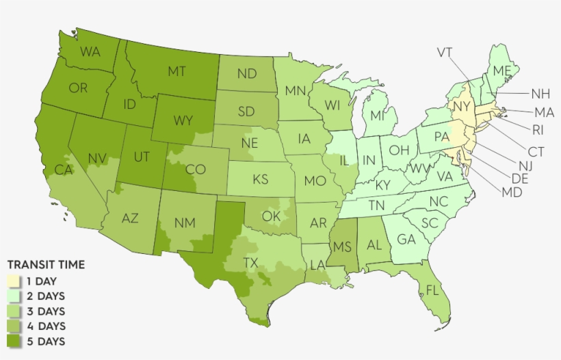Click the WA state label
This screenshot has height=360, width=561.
[90, 52]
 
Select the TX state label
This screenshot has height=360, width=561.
[251, 263]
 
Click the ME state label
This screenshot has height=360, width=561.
[502, 71]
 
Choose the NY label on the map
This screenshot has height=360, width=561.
[462, 107]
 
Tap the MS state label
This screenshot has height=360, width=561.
[343, 246]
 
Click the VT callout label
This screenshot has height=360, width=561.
[445, 52]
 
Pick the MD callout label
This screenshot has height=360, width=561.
[511, 192]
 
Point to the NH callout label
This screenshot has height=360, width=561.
[540, 93]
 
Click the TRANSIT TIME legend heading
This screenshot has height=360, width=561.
[46, 265]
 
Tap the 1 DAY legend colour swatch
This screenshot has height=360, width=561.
[13, 281]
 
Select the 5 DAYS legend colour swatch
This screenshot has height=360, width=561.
[13, 341]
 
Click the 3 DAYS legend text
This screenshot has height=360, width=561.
[46, 311]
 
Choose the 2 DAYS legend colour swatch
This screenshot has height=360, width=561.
[13, 296]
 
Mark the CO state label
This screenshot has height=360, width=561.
[196, 169]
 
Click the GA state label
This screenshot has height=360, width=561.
[406, 240]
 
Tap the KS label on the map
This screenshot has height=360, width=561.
[260, 179]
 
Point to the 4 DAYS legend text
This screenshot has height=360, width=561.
[46, 326]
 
